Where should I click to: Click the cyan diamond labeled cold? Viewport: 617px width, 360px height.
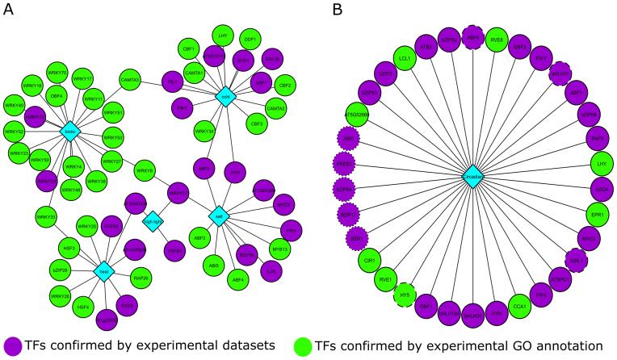coord(226,97)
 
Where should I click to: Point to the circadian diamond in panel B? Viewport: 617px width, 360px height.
coord(473,176)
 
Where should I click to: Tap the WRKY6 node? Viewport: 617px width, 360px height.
coord(145,170)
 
